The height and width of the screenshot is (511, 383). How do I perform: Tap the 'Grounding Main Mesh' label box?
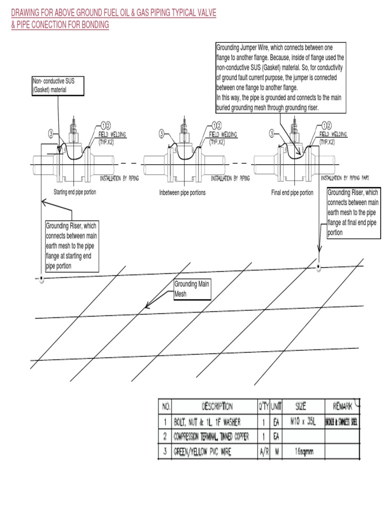click(191, 290)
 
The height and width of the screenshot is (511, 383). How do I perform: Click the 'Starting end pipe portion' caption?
click(75, 192)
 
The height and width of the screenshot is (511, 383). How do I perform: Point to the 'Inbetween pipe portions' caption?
click(182, 193)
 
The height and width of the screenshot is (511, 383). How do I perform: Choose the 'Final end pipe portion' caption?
click(292, 193)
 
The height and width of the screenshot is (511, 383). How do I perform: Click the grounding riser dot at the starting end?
click(42, 278)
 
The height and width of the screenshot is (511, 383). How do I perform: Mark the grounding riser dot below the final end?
click(319, 267)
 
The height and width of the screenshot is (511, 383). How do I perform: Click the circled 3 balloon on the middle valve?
click(162, 134)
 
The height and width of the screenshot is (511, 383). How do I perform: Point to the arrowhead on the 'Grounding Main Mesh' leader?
click(146, 306)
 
